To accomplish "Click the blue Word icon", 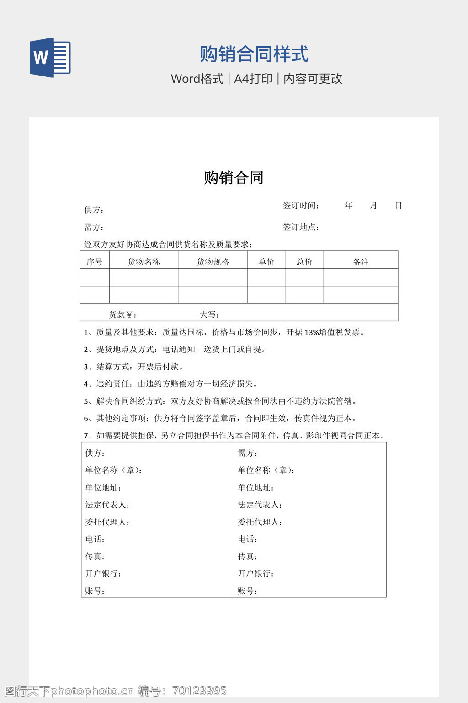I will coord(50,58).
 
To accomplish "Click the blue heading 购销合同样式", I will coord(254,54).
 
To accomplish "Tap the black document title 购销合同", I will coord(234,178).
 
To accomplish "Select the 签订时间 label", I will coord(301,205).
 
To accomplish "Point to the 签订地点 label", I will coord(301,227).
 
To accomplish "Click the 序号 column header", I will coord(95,262).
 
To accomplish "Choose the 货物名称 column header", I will coord(144,262).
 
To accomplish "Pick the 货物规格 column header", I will coord(213,262).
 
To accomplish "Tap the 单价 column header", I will coord(266,262).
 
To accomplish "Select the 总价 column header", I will coord(304,262).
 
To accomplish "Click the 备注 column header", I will coord(361,262).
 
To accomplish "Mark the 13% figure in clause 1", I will coord(312,332).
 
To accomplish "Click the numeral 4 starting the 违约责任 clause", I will coord(86,384).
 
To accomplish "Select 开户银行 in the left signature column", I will coord(103,573).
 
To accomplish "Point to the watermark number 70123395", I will coord(200,691).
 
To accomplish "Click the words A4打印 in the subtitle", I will coord(253,79).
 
